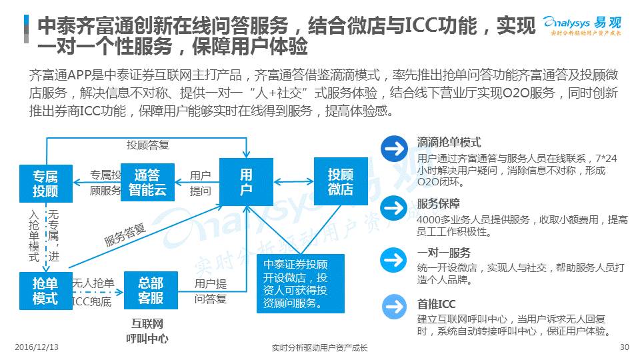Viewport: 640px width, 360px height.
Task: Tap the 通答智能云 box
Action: point(147,183)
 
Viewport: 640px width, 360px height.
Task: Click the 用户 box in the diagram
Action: point(246,182)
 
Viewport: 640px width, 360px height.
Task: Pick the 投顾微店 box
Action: point(341,181)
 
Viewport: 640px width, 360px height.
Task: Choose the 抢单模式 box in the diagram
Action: point(45,290)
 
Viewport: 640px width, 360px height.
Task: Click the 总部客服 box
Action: point(151,290)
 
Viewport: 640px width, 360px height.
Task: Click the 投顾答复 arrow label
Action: point(148,145)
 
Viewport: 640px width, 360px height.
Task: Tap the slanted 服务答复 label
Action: point(125,235)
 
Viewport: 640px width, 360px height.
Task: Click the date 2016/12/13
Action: point(37,347)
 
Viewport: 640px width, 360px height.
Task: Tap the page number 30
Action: point(624,347)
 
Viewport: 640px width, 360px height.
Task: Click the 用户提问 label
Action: point(200,183)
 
